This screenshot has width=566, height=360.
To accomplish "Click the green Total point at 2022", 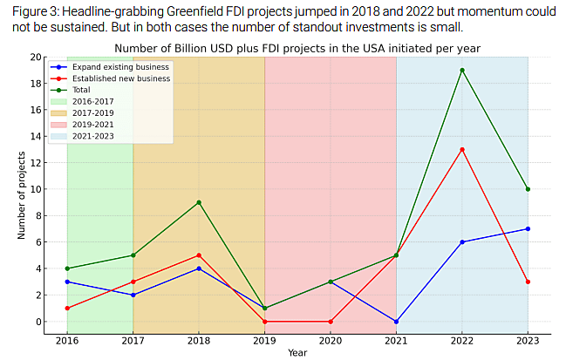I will tap(461, 70).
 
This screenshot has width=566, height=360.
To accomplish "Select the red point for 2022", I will tap(461, 149).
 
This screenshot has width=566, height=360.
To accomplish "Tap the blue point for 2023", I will tap(528, 228).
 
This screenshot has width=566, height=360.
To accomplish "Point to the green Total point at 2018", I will tap(199, 202).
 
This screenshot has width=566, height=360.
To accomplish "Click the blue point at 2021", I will tap(396, 322).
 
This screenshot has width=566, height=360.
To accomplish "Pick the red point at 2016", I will tap(67, 308).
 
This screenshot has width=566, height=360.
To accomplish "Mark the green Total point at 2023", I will tap(528, 189).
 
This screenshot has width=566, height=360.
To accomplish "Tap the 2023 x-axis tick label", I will tap(528, 341).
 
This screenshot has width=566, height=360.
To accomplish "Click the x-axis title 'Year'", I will tap(297, 353).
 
